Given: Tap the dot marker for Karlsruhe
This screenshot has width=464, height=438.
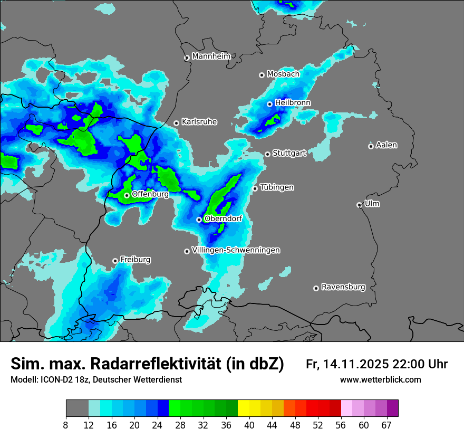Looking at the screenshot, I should click(177, 123).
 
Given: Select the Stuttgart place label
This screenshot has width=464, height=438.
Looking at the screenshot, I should click(289, 154).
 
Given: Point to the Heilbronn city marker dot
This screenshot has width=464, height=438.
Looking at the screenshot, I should click(269, 104).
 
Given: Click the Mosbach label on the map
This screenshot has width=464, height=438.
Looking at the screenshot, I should click(283, 74).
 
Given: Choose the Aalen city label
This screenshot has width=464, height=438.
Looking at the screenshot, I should click(386, 145).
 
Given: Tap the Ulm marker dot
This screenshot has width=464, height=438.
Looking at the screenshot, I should click(359, 205).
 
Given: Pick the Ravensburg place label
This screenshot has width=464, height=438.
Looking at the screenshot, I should click(343, 287).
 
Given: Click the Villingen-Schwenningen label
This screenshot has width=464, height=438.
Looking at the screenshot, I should click(236, 250).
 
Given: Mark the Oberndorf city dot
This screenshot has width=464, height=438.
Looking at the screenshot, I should click(199, 220).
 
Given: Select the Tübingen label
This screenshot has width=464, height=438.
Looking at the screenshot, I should click(277, 187).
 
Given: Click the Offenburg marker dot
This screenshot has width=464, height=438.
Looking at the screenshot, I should click(127, 196).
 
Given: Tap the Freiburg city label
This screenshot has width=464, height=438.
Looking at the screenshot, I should click(135, 260).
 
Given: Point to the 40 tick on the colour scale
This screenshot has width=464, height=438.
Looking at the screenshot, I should click(249, 425).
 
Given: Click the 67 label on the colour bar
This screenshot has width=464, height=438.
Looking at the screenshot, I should click(386, 425).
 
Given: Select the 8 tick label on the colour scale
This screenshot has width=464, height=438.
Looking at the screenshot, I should click(65, 425).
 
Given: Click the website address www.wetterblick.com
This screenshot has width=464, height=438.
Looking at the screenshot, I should click(380, 380).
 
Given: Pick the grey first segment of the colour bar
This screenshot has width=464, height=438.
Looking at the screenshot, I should click(77, 408).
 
